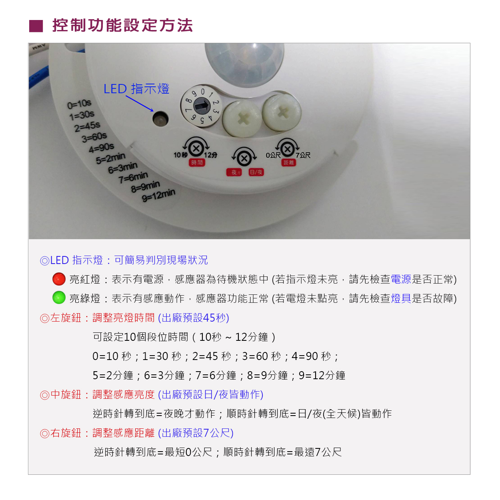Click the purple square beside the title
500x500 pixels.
click(36, 26)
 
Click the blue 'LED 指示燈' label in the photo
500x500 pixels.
click(136, 88)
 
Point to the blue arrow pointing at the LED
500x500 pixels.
click(140, 104)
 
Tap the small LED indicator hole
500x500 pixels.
click(160, 118)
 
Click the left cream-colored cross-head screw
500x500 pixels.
click(242, 118)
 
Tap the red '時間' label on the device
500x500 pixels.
click(197, 162)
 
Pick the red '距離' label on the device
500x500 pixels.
click(288, 162)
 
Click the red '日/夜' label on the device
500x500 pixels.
click(256, 172)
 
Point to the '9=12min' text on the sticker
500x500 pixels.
click(159, 195)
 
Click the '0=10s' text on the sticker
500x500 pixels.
click(79, 104)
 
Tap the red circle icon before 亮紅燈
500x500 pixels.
click(59, 279)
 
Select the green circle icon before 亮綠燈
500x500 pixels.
click(59, 298)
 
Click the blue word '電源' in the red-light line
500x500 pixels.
click(401, 279)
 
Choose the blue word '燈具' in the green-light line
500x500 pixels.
click(401, 298)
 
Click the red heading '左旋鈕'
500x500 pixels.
click(66, 318)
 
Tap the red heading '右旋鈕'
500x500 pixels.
click(66, 433)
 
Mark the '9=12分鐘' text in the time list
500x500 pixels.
click(322, 376)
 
